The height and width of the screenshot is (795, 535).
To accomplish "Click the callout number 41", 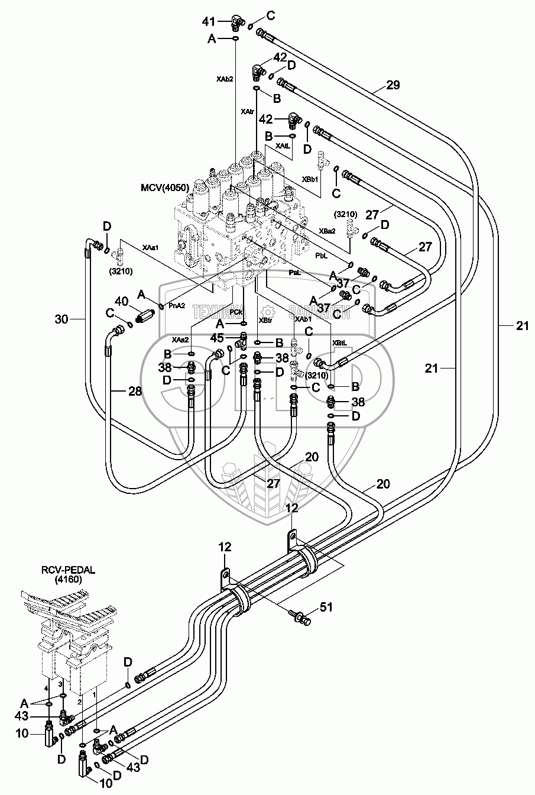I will [x=209, y=22].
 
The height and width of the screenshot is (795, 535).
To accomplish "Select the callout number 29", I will [x=393, y=85].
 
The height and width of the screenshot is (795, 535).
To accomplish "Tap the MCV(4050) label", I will [x=164, y=188].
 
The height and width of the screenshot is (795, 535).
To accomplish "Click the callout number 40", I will [x=122, y=301].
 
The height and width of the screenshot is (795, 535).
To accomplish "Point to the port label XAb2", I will [x=224, y=79].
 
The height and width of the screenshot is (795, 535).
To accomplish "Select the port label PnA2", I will [x=177, y=306].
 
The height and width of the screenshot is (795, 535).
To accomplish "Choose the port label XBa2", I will [x=327, y=231].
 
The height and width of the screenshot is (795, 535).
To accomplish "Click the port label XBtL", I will [x=339, y=342].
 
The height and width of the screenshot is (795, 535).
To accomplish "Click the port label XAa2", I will [x=180, y=340].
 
